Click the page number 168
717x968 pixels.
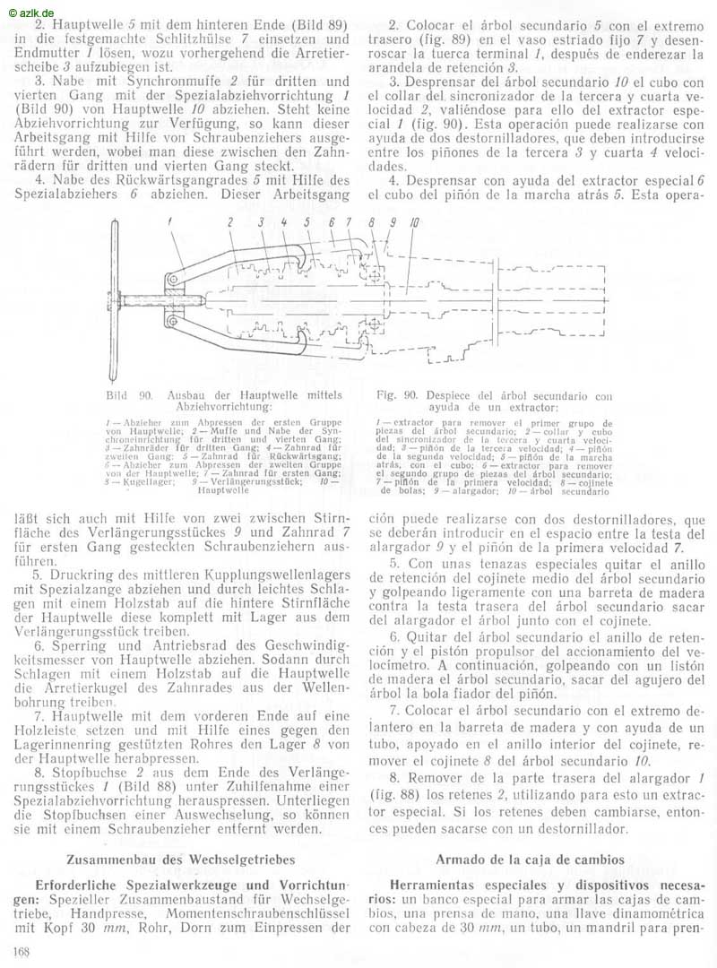(22, 950)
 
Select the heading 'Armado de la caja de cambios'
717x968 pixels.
(531, 859)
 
